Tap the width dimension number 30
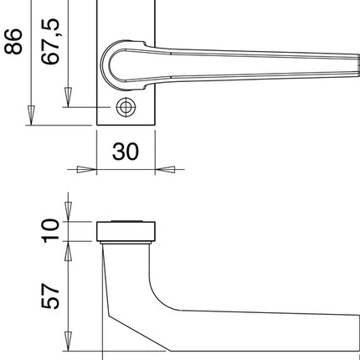click(x=126, y=152)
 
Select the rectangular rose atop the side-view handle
click(x=126, y=230)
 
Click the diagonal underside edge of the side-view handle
click(x=138, y=332)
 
